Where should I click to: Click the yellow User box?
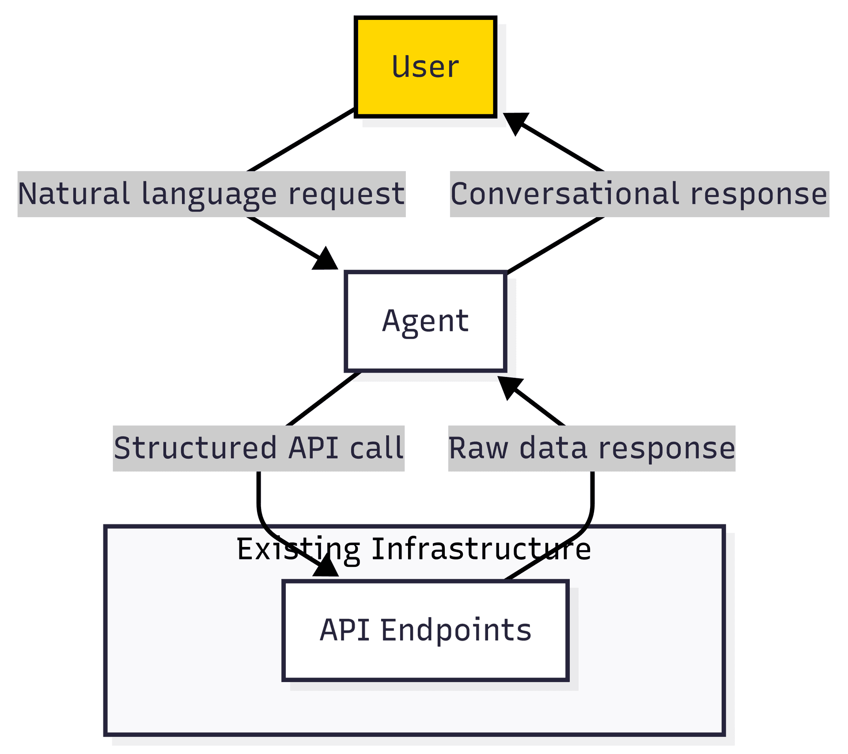[x=425, y=67]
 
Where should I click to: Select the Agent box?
[x=425, y=321]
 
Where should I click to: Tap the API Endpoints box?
[x=425, y=630]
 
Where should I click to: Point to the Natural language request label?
[x=211, y=194]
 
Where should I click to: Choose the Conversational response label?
[x=639, y=194]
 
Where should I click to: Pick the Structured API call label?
[x=258, y=448]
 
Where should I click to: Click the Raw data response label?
[x=591, y=448]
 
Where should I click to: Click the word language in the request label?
[x=209, y=195]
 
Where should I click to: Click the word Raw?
[x=478, y=448]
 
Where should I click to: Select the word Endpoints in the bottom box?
[x=456, y=630]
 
